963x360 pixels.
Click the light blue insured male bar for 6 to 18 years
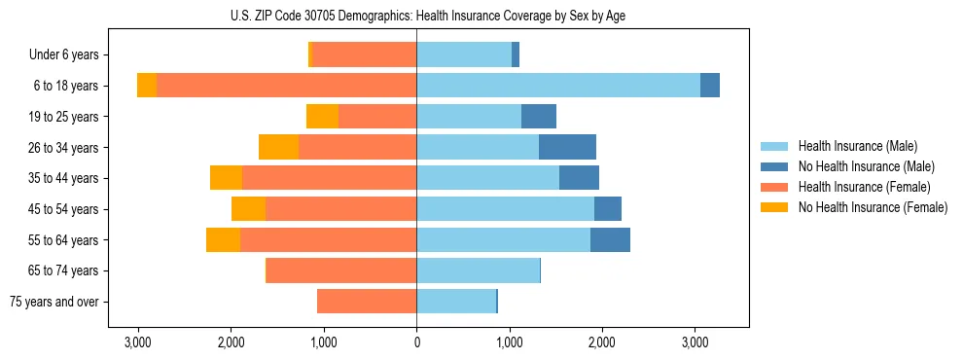(557, 86)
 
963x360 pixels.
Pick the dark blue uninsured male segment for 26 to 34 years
(567, 147)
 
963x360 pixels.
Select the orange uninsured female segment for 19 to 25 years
(322, 117)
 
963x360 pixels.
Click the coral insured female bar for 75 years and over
(367, 302)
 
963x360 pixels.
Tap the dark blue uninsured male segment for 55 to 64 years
(610, 239)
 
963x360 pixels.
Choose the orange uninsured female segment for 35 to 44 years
(226, 178)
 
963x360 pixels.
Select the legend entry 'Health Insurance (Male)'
(857, 147)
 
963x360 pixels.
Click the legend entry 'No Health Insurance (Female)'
(873, 207)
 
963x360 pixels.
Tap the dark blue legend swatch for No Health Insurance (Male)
(774, 167)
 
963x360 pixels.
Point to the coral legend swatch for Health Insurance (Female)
(774, 187)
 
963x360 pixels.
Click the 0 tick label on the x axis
(416, 342)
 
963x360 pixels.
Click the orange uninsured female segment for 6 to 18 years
(147, 86)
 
